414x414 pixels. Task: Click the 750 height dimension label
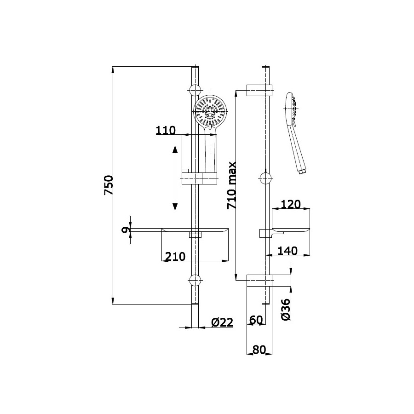click(109, 185)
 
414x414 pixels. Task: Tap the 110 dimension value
click(166, 131)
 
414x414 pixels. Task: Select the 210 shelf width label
click(175, 256)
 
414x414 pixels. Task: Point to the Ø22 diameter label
click(222, 322)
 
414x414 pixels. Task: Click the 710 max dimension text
click(231, 185)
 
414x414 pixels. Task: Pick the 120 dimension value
click(290, 204)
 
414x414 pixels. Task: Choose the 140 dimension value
click(287, 251)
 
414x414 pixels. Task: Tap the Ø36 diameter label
click(286, 310)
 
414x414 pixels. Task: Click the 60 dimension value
click(256, 320)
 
